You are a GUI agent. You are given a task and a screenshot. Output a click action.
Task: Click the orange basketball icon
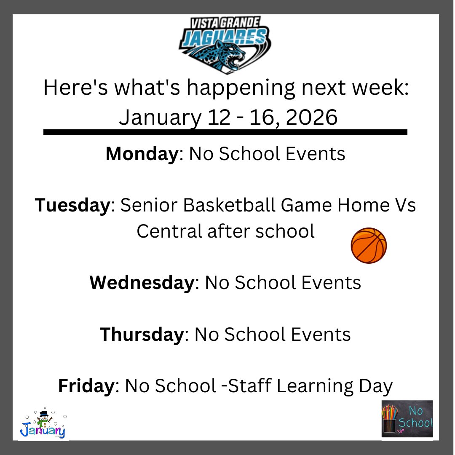369,246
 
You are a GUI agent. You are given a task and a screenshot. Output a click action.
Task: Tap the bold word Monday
142,154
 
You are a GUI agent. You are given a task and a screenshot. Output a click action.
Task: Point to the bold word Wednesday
141,283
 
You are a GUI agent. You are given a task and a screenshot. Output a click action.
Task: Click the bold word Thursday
141,335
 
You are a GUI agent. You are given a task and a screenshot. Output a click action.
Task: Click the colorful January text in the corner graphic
43,431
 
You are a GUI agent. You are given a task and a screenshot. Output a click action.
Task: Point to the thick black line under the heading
225,132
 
